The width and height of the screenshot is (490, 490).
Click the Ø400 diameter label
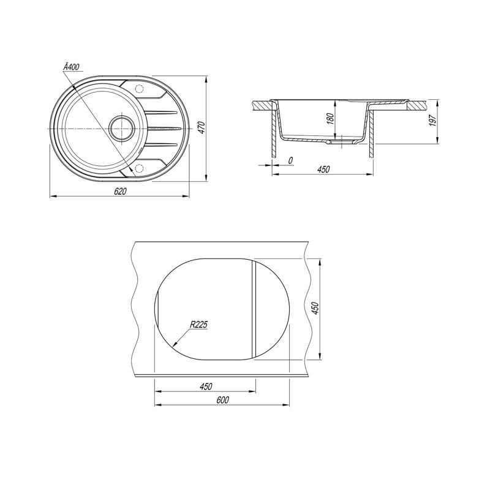pos(71,67)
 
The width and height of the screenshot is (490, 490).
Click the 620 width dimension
pos(120,191)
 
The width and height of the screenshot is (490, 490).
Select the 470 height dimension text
pos(202,128)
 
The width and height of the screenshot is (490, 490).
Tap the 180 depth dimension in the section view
pos(330,119)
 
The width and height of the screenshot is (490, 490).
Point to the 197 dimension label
pos(433,120)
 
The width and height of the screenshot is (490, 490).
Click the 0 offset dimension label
pos(290,160)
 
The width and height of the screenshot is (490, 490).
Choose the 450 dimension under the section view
pos(323,170)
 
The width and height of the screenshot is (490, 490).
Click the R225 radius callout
pos(198,325)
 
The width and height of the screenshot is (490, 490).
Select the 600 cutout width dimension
pos(222,400)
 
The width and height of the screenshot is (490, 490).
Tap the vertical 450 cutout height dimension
pos(315,309)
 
